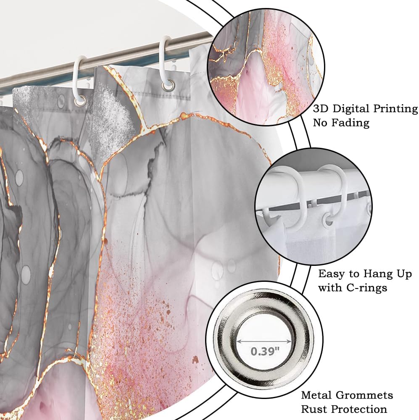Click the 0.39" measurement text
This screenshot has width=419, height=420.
(x=265, y=351)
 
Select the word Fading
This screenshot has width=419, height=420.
(x=350, y=123)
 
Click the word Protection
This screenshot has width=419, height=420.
(x=358, y=409)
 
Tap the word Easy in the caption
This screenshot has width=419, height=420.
(x=332, y=274)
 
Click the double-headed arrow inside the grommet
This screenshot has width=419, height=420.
(x=264, y=341)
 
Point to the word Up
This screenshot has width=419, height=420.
(x=403, y=274)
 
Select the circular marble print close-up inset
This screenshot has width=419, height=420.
(x=266, y=68)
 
